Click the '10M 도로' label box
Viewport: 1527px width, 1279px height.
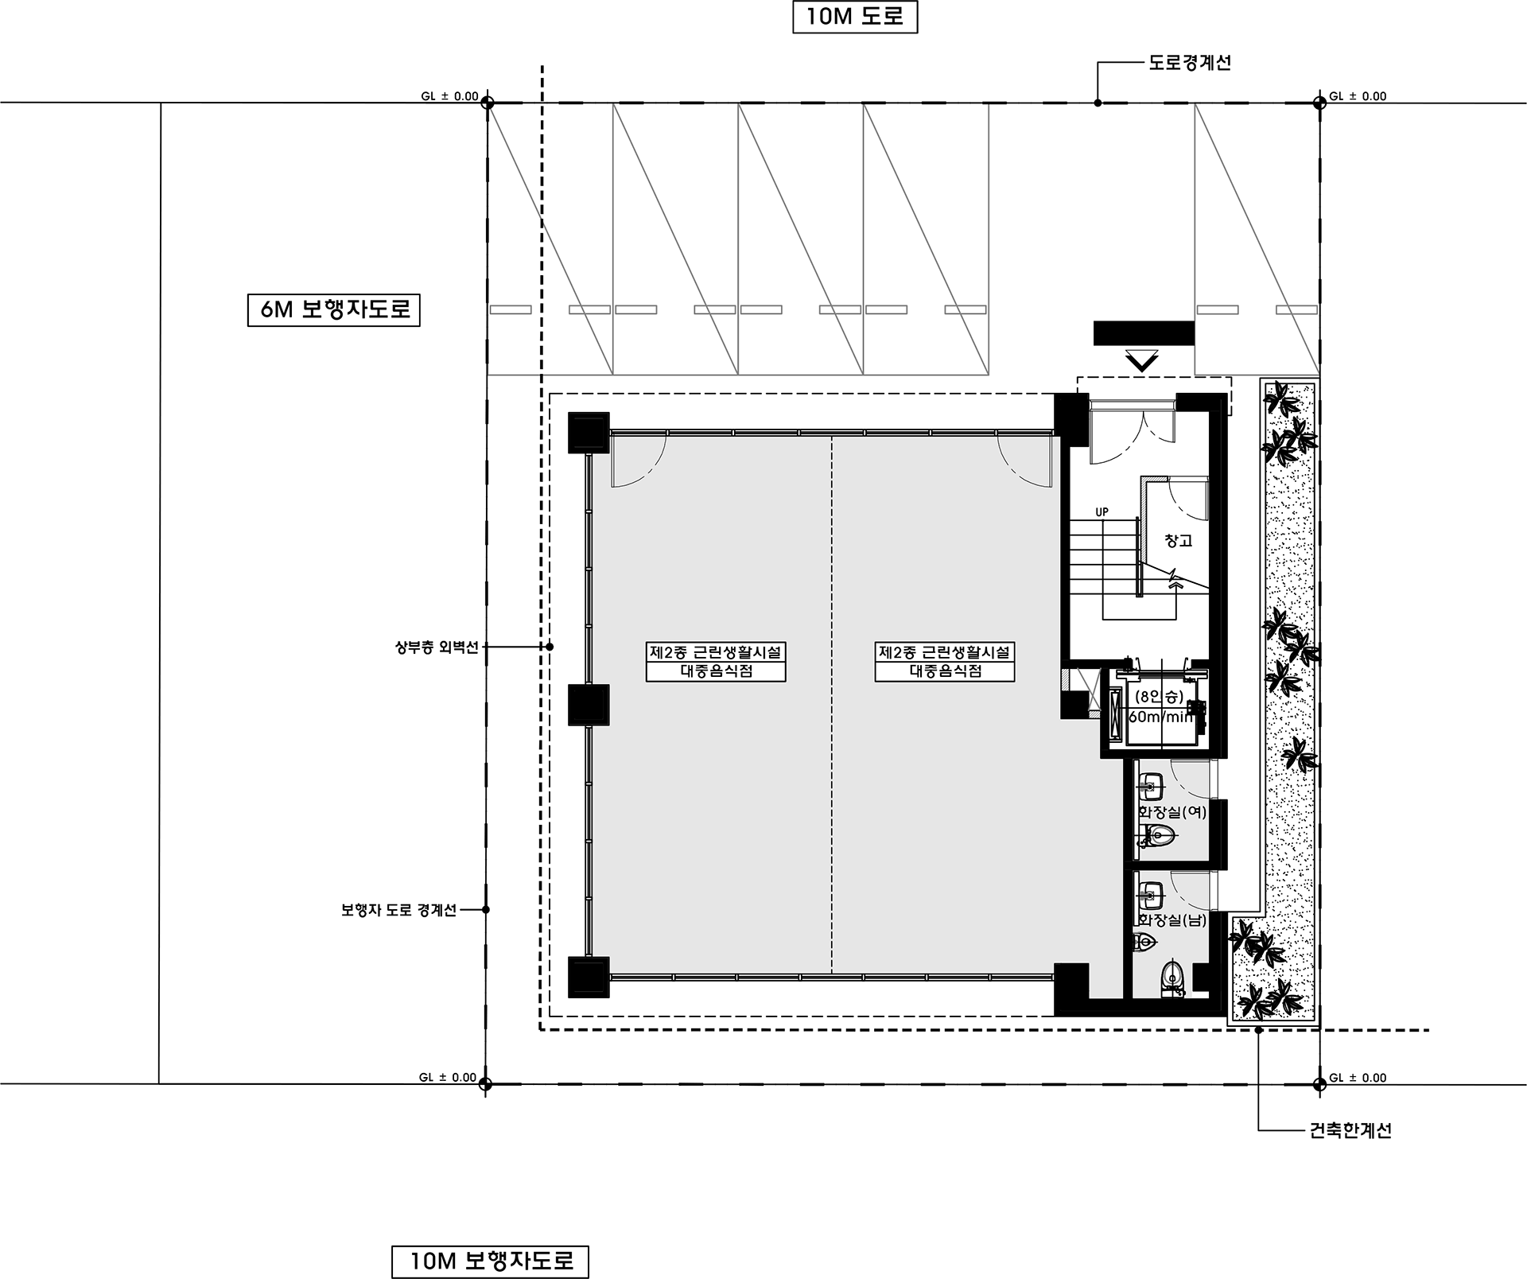click(855, 17)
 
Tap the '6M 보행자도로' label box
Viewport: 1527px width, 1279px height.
click(334, 310)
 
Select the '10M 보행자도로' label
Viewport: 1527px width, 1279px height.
click(491, 1262)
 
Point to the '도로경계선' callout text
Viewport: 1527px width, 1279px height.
click(1190, 63)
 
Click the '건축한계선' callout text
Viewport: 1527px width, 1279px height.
click(1350, 1130)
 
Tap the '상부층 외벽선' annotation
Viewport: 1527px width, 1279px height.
click(437, 647)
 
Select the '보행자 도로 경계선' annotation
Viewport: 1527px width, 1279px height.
click(399, 910)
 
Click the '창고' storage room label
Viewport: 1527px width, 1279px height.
click(1179, 541)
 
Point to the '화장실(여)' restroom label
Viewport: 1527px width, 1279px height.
click(1172, 812)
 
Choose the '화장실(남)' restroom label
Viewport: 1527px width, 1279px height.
click(1172, 920)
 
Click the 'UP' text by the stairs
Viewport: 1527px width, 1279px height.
click(1102, 512)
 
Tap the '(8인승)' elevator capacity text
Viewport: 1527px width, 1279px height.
click(1160, 697)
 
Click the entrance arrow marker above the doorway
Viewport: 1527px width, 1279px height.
click(1143, 362)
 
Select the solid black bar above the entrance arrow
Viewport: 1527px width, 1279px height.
click(1144, 333)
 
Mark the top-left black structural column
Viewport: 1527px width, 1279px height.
click(589, 433)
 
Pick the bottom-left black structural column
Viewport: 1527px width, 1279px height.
click(589, 977)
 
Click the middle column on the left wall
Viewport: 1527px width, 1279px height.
click(589, 705)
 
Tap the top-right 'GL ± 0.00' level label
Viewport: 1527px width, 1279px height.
click(1358, 96)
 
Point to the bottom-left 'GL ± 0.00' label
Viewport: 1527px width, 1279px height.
click(448, 1078)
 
